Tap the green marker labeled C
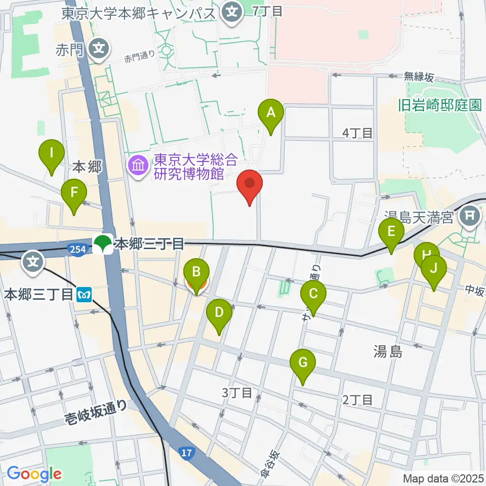point(313,294)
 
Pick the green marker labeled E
point(391,232)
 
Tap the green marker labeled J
point(434,268)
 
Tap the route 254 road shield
point(76,248)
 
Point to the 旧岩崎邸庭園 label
point(438,105)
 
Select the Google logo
point(34,474)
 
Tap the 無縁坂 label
point(419,77)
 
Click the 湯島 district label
point(388,351)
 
